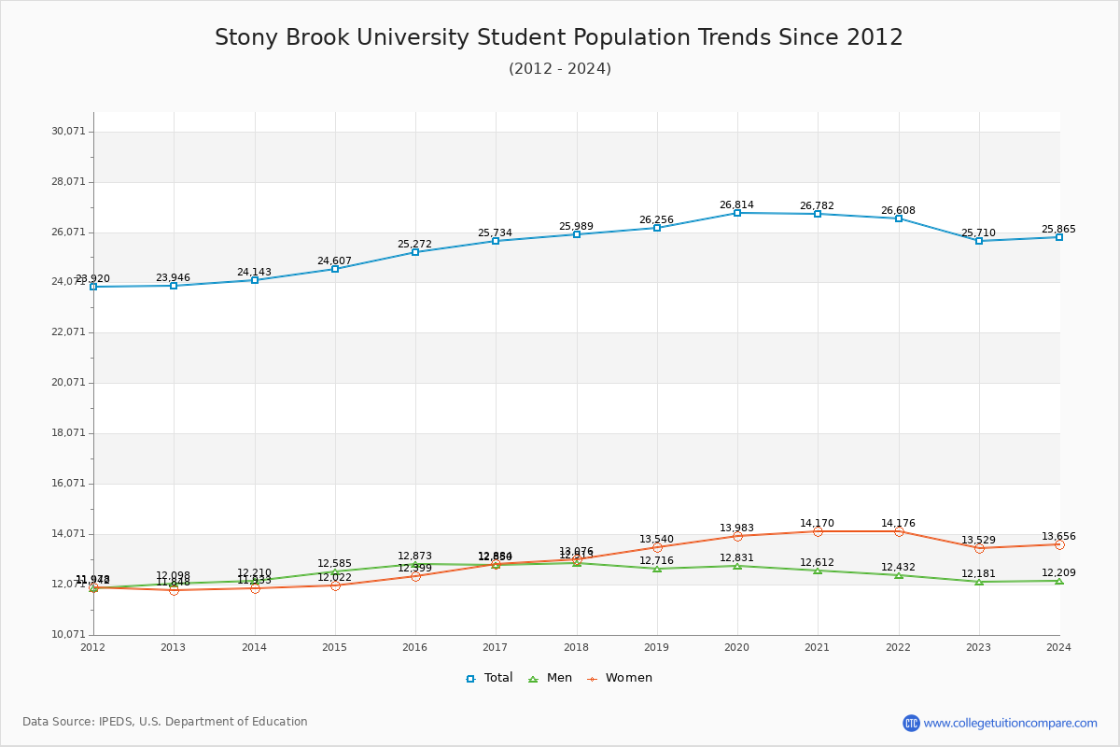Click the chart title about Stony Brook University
559,37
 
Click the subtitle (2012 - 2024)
559,69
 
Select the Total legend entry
489,678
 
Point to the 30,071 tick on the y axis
68,132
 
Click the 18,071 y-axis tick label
68,433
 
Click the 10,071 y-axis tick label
68,635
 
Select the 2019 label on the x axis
656,647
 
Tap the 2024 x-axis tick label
1058,647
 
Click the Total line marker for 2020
737,213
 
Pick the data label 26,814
736,205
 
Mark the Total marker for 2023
979,241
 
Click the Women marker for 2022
899,531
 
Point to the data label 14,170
817,524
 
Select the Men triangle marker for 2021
818,571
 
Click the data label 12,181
978,574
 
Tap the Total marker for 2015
335,269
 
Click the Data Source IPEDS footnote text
165,722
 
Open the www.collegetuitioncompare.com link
1010,723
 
